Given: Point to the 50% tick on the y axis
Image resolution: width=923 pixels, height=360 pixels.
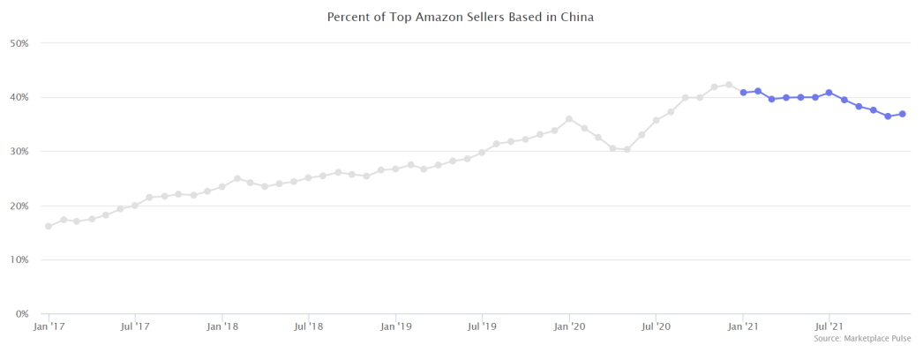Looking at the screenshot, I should (19, 43).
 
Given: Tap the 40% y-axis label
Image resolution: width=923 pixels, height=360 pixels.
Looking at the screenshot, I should (19, 97).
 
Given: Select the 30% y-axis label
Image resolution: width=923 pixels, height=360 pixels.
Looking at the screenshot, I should (19, 152).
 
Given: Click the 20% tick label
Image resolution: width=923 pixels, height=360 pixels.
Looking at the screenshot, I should (19, 206).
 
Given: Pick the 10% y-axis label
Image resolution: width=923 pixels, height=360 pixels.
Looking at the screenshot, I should (19, 260).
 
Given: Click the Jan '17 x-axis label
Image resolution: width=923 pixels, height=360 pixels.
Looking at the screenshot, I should (49, 326).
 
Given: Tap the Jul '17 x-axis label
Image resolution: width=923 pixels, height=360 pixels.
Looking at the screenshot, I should (135, 326).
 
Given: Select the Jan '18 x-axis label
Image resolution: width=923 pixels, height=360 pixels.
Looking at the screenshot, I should (222, 326).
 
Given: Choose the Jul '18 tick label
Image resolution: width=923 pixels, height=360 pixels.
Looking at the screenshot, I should (309, 326).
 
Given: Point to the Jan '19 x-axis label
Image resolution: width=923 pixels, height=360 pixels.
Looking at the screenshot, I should (396, 326).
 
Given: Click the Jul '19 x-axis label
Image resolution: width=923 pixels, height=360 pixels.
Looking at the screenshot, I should (483, 326).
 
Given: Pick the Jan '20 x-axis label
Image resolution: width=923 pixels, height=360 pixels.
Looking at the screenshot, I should (570, 326).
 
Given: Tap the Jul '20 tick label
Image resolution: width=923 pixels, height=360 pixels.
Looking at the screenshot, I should (657, 326).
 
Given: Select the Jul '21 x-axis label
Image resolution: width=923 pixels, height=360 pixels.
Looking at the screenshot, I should (829, 326).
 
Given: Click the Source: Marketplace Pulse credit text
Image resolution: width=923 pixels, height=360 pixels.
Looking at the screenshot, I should (862, 339).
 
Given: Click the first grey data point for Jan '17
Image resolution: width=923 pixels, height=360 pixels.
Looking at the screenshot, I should (49, 226).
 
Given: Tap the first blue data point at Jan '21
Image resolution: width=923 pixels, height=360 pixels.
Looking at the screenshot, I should (744, 93).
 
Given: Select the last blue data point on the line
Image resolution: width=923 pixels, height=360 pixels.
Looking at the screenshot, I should (903, 114).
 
